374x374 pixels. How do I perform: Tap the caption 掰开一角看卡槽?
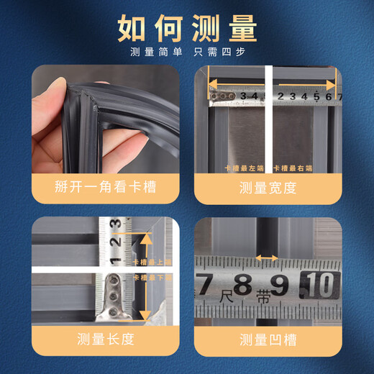click(x=105, y=188)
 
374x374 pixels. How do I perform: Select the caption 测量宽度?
click(x=268, y=188)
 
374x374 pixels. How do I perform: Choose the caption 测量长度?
click(x=105, y=339)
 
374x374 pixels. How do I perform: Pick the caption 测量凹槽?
click(x=268, y=339)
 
